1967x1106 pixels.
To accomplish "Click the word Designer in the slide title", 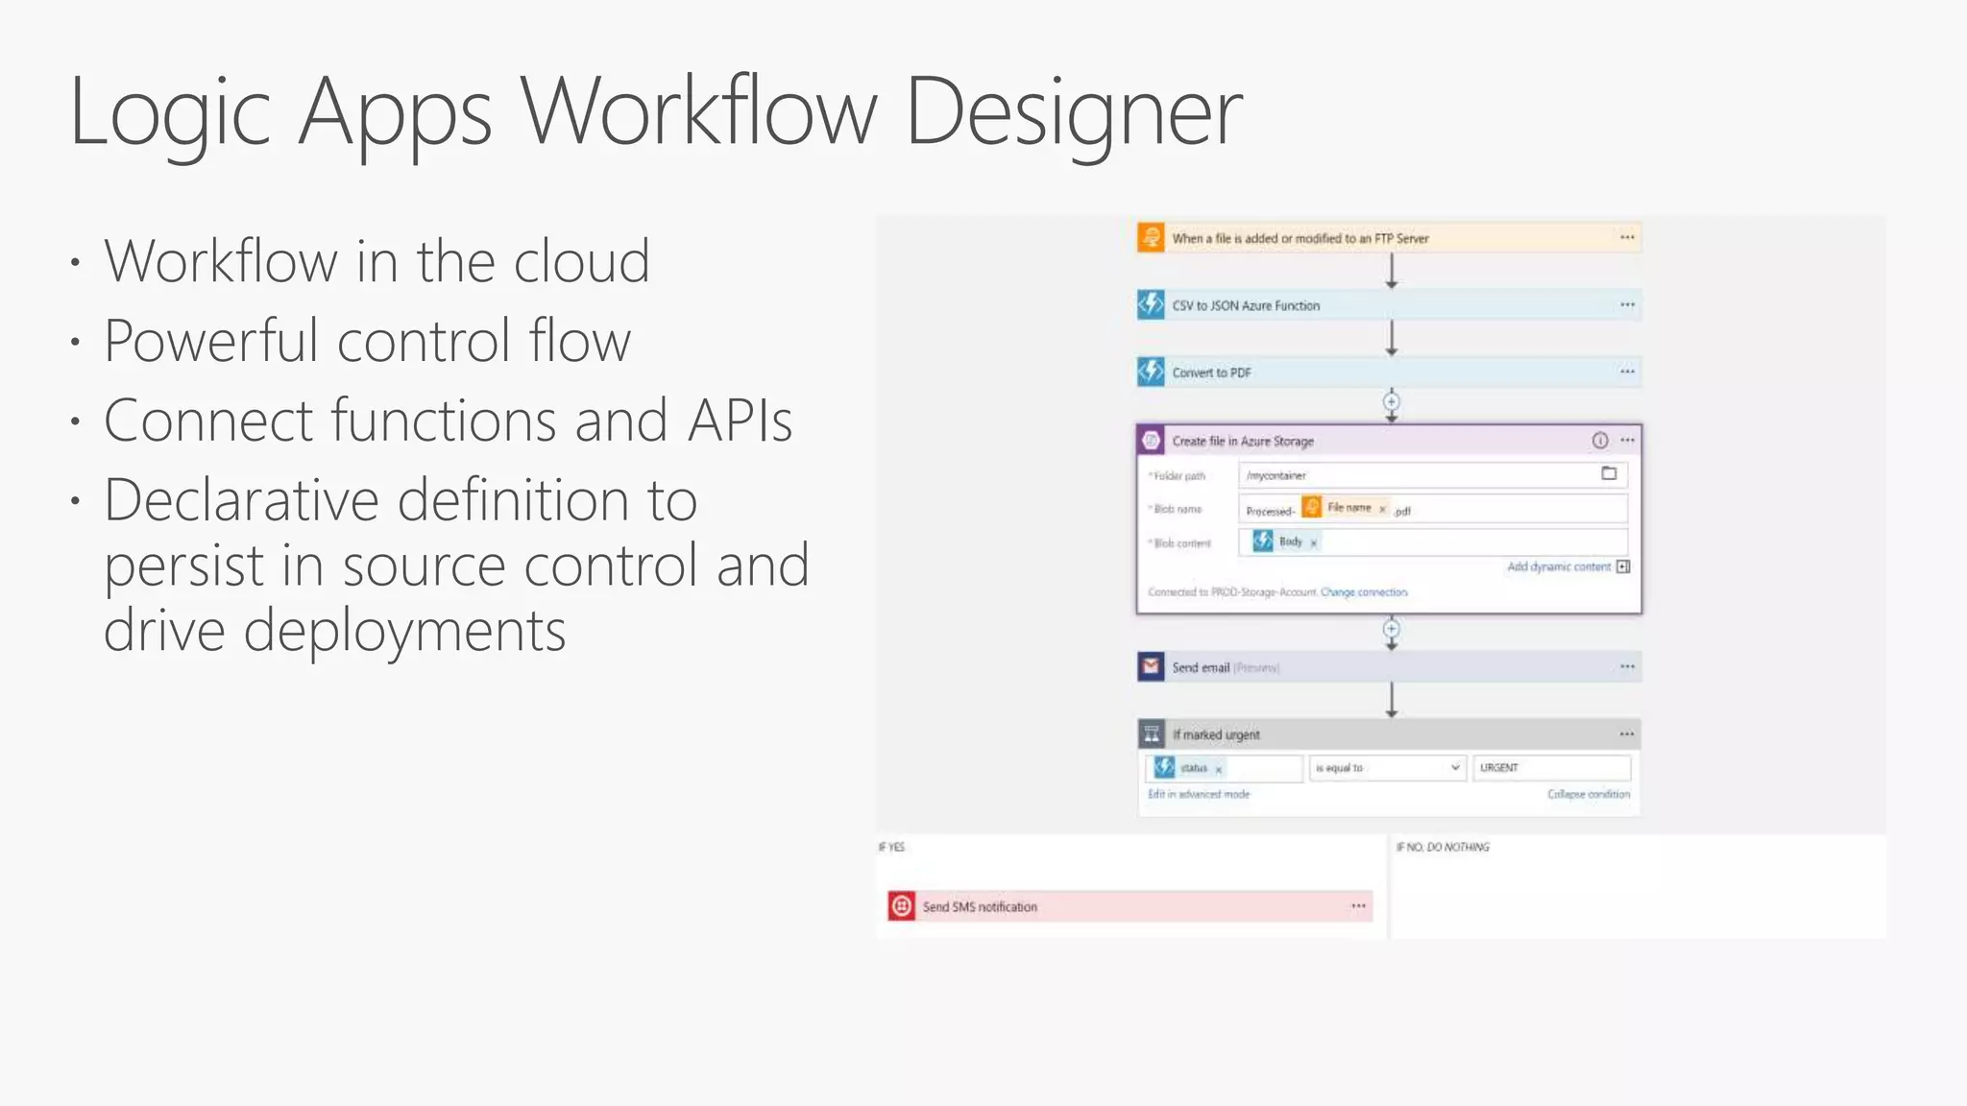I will (1073, 113).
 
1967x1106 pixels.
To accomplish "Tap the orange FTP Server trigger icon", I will (1151, 237).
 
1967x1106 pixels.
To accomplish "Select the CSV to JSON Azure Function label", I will (1246, 305).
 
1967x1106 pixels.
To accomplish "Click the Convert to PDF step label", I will (1211, 373).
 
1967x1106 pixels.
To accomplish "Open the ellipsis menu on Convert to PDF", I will (1627, 372).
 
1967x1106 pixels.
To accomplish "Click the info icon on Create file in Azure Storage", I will (1600, 441).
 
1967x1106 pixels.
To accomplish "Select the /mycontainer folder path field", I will (1412, 475).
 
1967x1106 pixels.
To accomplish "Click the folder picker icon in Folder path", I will (1609, 473).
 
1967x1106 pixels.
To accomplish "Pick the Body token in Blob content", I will (1289, 542).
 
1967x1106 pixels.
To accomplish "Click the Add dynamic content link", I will (1559, 567).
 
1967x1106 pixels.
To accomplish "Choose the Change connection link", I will (1364, 592).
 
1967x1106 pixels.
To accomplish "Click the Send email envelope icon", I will (1151, 666).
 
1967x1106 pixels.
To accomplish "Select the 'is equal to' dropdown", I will (1387, 768).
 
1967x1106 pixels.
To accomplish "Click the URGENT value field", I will (1550, 768).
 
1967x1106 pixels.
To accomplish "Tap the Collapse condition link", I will (1589, 795).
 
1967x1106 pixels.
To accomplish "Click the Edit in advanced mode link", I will (1199, 795).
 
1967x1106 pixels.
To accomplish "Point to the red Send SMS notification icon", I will (901, 906).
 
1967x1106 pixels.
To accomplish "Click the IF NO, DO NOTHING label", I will (1443, 847).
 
